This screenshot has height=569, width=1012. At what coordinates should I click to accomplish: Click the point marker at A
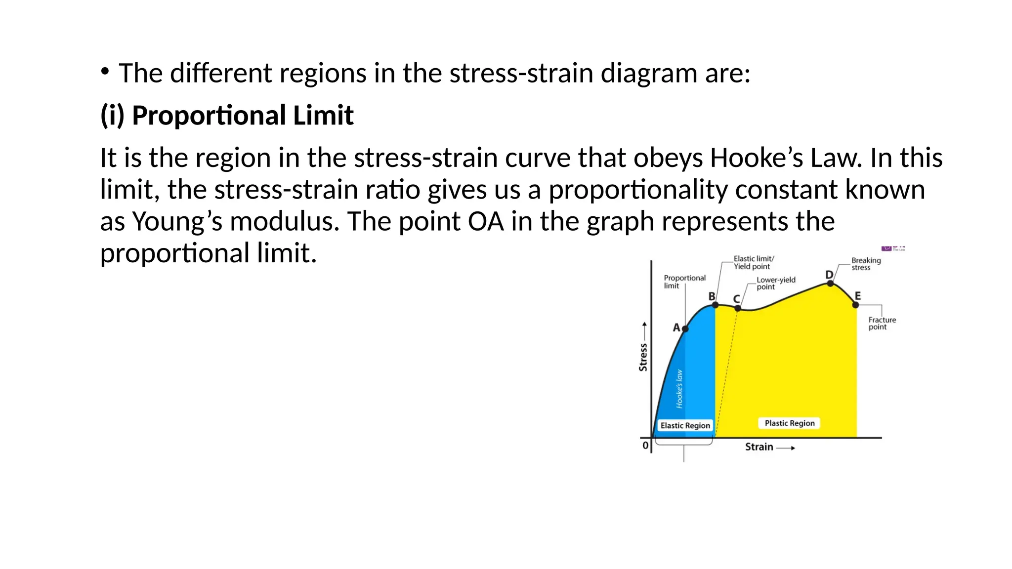point(685,329)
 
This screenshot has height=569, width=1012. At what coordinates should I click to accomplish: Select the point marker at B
point(716,305)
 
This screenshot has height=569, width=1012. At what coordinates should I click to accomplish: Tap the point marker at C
point(738,308)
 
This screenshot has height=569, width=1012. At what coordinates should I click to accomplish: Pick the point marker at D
point(830,284)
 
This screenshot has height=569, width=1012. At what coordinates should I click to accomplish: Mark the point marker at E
point(856,305)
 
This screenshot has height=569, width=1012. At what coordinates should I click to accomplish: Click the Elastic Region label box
point(685,426)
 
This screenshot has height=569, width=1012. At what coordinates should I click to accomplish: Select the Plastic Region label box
point(789,423)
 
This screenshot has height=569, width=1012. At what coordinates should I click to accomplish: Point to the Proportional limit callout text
point(684,282)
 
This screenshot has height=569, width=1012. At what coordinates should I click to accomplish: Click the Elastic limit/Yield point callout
point(753,262)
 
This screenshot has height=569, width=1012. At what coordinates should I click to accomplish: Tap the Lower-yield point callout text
point(776,283)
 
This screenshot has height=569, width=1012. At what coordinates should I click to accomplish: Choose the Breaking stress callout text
point(866,264)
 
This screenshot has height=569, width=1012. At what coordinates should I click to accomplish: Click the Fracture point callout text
point(882,324)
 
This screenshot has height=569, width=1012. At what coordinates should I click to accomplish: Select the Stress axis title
point(643,357)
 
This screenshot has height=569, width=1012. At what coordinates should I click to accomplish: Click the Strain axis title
point(759,447)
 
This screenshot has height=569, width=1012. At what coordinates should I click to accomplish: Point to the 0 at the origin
point(645,446)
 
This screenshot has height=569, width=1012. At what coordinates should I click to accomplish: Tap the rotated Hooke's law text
point(679,389)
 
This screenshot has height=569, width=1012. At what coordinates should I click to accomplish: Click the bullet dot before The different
point(105,72)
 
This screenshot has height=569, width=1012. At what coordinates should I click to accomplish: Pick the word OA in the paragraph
point(485,221)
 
